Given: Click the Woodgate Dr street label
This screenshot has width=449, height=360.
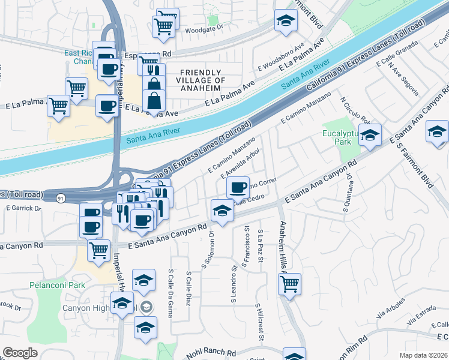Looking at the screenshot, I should [203, 28].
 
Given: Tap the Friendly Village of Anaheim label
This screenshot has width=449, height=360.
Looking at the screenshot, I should [200, 80].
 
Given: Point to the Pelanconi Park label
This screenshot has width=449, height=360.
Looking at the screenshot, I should [56, 285].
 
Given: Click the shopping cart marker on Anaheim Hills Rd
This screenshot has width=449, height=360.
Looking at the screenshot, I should [290, 283].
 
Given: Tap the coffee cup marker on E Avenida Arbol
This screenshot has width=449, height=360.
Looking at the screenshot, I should [238, 187].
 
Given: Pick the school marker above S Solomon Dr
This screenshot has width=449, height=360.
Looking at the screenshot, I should [221, 211].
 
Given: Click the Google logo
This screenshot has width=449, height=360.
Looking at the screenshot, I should [20, 353].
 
